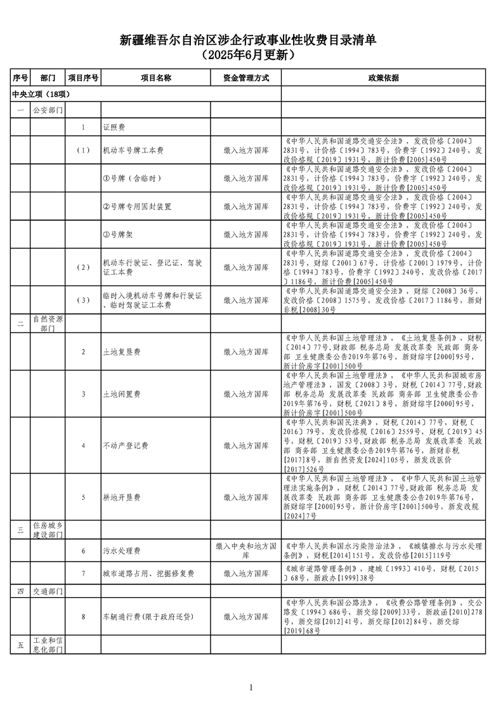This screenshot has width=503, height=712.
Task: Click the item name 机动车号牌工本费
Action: (x=133, y=151)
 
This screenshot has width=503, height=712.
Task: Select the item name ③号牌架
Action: (x=119, y=234)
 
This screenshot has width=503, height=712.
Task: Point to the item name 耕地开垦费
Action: (x=122, y=497)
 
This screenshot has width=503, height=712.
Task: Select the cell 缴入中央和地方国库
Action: (x=246, y=551)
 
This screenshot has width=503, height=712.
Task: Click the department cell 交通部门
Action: (x=48, y=591)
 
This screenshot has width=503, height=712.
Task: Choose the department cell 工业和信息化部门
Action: (x=48, y=645)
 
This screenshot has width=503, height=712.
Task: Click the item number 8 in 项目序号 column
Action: (x=83, y=616)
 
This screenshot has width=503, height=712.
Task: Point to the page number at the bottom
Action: (x=251, y=688)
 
